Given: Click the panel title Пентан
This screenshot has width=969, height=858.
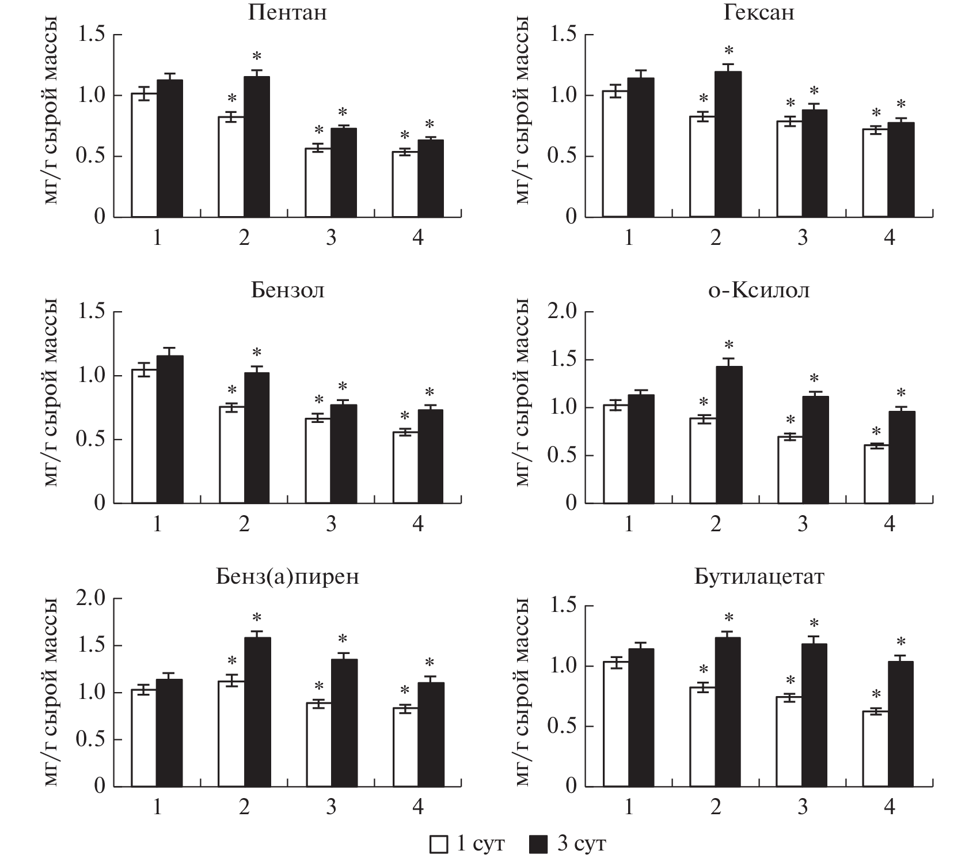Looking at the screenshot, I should coord(287,13).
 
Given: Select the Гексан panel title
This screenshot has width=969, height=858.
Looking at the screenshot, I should coord(758,13).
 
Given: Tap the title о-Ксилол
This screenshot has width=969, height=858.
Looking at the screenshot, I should coord(758,290).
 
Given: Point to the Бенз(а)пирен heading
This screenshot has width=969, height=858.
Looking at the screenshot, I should coord(287,576).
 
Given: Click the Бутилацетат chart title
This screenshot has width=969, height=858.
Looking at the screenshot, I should coord(758,576).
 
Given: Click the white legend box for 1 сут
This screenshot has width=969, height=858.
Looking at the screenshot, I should coord(439,845).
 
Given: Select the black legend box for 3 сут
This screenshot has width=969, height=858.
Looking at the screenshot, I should coord(538,845).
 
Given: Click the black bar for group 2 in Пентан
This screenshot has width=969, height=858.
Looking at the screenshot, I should coord(257,147).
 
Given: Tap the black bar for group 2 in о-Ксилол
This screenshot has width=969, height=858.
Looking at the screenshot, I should coord(728,435).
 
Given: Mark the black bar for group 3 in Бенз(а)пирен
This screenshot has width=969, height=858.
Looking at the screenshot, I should coord(344,723).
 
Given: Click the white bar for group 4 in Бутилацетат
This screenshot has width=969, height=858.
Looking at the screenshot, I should coord(876,749).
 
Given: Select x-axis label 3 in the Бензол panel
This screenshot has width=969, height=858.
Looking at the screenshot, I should coord(331,524).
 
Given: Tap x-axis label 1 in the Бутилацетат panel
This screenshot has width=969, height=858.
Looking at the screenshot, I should coord(628,807).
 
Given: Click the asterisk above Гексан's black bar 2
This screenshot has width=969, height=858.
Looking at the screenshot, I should coord(729,50).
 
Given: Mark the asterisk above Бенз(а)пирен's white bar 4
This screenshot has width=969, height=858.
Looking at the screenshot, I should coord(405,690).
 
